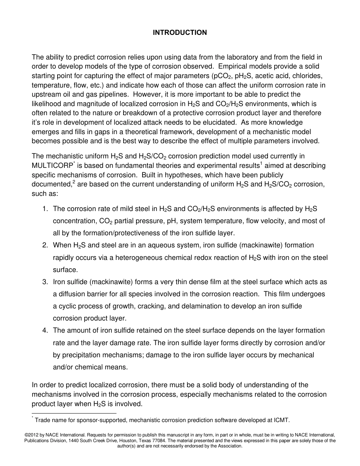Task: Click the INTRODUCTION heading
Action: click(180, 33)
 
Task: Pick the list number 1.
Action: click(44, 209)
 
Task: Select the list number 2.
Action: click(44, 246)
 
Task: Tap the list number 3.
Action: click(44, 282)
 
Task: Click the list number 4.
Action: click(44, 331)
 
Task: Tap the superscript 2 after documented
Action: click(74, 181)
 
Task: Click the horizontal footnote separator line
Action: click(74, 413)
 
